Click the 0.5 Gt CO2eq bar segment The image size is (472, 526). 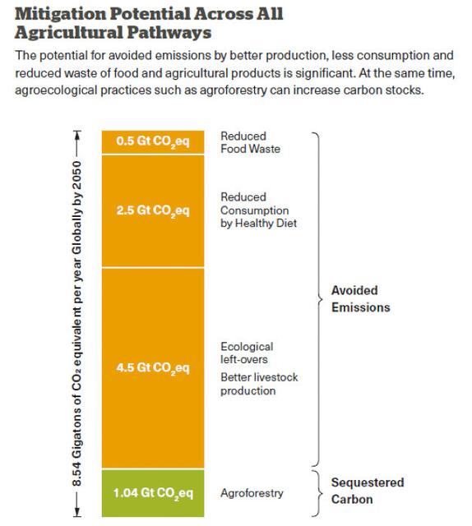[153, 141]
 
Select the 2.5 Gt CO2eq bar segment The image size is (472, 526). [153, 210]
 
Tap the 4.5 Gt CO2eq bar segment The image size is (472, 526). [153, 367]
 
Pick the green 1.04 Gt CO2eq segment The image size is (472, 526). [153, 493]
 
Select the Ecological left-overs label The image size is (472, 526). [247, 353]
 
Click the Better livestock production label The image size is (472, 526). [259, 384]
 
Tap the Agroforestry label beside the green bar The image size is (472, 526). [252, 493]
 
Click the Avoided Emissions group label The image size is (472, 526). [360, 299]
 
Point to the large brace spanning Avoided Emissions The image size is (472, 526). [316, 299]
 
